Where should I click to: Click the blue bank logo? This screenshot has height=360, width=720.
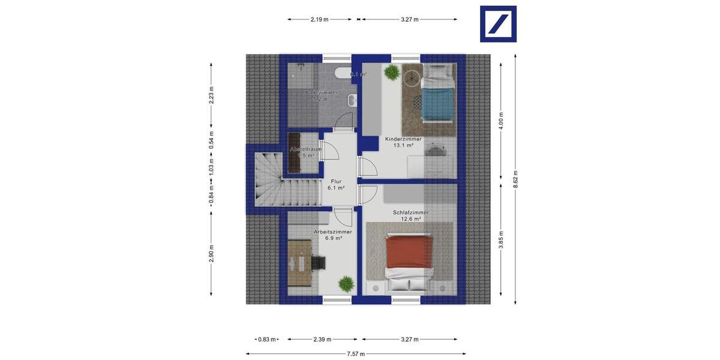point(498,24)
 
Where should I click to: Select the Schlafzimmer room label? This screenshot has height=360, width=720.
point(410,215)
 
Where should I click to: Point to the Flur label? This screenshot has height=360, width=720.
point(336,184)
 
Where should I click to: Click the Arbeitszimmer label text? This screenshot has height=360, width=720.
point(332,235)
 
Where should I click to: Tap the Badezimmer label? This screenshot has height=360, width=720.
point(321,96)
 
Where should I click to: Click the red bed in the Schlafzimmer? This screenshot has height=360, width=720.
point(409,252)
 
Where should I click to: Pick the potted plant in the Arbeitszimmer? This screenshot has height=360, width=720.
point(346,283)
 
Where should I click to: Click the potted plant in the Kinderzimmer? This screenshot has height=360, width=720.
point(392,73)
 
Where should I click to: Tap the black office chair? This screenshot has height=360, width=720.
point(318,262)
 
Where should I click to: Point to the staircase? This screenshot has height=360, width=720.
point(270,180)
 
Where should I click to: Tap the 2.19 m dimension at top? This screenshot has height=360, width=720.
point(319,19)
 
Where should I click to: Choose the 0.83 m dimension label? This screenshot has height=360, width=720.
point(266,340)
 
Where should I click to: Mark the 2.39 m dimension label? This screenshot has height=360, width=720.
point(322,340)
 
